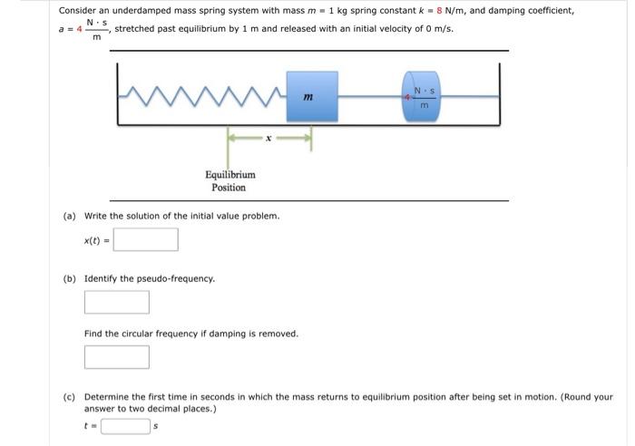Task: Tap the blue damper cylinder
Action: coord(420,94)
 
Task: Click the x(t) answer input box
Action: coord(145,239)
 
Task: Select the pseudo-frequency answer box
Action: coord(116,302)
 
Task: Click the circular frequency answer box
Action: coord(116,357)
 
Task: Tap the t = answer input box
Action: coord(124,424)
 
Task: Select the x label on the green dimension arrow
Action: coord(268,139)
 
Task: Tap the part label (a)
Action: coord(70,216)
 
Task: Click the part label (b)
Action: coord(70,278)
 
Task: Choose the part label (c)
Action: coord(70,397)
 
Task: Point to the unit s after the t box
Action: coord(155,424)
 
